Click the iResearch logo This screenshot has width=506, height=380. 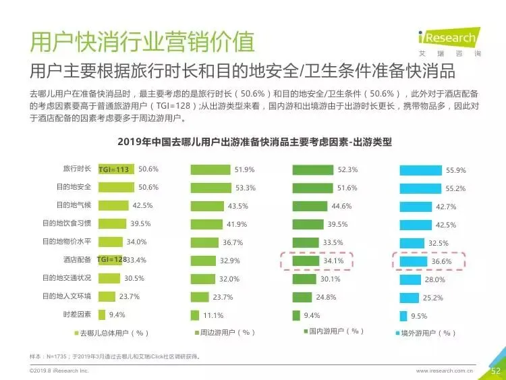tap(449, 42)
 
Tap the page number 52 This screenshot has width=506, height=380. tap(496, 371)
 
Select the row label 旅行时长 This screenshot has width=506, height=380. tap(77, 169)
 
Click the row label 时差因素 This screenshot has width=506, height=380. tap(77, 314)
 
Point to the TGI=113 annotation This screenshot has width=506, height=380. tap(113, 169)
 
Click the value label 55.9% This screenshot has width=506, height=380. tap(456, 171)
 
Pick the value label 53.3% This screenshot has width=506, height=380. tap(246, 188)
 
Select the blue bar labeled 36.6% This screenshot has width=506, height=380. tap(414, 261)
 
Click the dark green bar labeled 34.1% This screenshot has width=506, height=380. tap(306, 261)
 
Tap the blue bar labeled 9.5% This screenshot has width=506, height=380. tap(403, 316)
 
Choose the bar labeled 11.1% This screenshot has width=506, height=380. tap(195, 315)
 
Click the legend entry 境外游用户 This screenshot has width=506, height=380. tap(425, 333)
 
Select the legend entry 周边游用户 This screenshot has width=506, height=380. tap(225, 333)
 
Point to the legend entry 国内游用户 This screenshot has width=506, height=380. tap(334, 331)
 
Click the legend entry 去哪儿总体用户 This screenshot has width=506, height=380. tap(111, 333)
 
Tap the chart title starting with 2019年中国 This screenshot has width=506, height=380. tap(254, 142)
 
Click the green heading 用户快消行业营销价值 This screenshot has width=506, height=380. tap(142, 42)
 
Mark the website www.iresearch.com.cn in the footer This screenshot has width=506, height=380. tap(445, 371)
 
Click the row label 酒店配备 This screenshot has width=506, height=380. tap(77, 260)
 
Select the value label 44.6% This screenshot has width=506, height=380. tap(341, 206)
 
